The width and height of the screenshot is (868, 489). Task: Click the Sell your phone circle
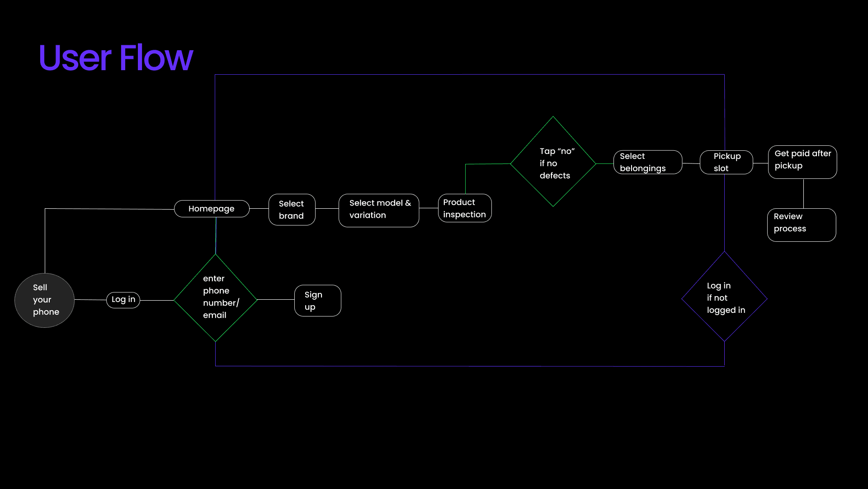[x=44, y=300]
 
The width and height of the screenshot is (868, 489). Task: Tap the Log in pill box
[x=123, y=300]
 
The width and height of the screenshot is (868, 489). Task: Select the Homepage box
[x=212, y=209]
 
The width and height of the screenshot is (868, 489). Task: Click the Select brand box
[x=292, y=210]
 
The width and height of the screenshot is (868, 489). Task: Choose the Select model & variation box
[x=379, y=210]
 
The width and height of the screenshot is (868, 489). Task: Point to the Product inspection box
[x=465, y=208]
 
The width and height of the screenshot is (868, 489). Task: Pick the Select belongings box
[x=647, y=162]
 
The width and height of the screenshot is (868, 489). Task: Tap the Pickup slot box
[x=726, y=162]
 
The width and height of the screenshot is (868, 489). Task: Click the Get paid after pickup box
[x=802, y=162]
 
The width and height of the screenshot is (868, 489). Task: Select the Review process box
[x=802, y=225]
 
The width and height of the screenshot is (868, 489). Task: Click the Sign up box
[x=317, y=301]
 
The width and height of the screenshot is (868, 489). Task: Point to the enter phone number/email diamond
[x=216, y=297]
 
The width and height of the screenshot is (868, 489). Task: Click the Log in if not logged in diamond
[x=724, y=297]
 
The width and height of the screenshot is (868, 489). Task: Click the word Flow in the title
[x=156, y=58]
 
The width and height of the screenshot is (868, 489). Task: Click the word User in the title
[x=75, y=58]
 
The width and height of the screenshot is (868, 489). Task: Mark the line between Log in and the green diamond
[x=157, y=300]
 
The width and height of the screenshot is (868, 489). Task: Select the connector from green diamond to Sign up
[x=275, y=300]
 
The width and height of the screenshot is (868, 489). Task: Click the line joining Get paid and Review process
[x=803, y=193]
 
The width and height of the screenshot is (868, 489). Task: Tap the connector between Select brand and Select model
[x=327, y=209]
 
